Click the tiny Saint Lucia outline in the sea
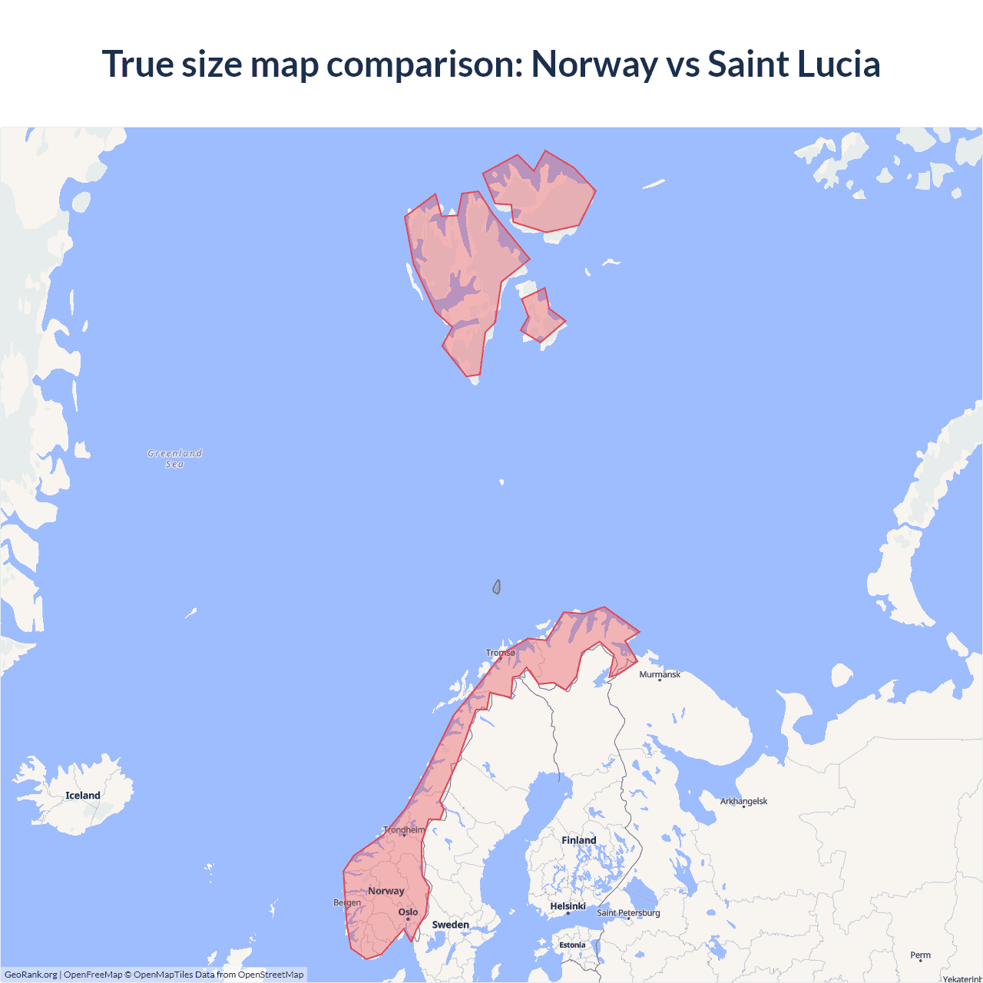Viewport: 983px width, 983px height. [497, 587]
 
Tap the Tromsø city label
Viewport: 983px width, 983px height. [501, 653]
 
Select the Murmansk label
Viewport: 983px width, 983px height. [660, 674]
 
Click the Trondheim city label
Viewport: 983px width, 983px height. [404, 829]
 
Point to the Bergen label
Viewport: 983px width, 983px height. [347, 902]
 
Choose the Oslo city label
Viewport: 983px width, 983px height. [408, 912]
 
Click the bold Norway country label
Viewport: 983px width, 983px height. [386, 891]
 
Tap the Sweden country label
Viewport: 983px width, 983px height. [450, 925]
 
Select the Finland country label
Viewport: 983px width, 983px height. [578, 840]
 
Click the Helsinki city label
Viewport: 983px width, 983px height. [568, 906]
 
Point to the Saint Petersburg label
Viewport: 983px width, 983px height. [628, 912]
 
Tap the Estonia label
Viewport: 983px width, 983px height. [572, 945]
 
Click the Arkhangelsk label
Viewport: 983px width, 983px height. [743, 801]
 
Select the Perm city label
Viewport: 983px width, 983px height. [920, 955]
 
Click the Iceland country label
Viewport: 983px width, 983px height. [82, 796]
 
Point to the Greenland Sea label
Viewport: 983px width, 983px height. [174, 458]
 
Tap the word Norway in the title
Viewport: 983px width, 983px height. [594, 64]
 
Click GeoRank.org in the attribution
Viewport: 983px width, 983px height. [31, 975]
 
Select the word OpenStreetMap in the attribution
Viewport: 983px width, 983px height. [270, 975]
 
